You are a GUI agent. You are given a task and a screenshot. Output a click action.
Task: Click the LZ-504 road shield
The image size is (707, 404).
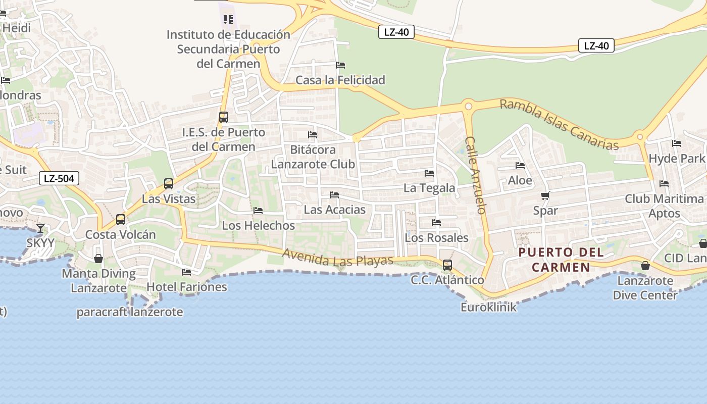tap(59, 178)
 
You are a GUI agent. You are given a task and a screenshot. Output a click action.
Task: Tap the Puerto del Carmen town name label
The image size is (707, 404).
tap(561, 260)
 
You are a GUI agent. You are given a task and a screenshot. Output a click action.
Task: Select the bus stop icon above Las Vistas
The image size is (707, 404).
tap(169, 184)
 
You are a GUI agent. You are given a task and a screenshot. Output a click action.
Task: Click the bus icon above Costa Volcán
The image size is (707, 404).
tap(120, 220)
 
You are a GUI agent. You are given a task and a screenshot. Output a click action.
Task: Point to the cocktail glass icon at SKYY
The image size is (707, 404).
tap(40, 228)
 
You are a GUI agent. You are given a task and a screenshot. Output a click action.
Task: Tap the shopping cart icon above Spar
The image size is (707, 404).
tap(545, 196)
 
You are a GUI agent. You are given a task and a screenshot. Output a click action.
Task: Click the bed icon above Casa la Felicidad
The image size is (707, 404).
tap(340, 65)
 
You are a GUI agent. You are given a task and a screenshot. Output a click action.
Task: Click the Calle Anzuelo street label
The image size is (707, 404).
tap(475, 175)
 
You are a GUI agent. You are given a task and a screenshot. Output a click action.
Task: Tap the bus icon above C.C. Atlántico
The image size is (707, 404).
tap(447, 265)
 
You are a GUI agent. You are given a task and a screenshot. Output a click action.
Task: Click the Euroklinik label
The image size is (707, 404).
tap(488, 307)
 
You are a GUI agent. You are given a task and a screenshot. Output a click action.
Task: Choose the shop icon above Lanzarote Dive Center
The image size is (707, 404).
tap(645, 266)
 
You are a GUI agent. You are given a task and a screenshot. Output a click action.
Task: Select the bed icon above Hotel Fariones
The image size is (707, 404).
tap(186, 272)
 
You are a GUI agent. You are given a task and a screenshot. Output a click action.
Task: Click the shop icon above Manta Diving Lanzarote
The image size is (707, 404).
tap(98, 259)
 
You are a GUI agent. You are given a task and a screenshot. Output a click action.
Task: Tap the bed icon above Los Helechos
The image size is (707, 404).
tap(258, 211)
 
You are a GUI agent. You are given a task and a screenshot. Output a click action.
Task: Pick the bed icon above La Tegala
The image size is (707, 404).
tap(429, 173)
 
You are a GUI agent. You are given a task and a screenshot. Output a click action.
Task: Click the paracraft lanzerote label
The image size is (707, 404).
tap(130, 312)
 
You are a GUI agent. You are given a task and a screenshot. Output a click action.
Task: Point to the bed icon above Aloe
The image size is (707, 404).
tap(520, 166)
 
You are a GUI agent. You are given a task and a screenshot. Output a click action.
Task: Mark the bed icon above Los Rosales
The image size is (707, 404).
tap(436, 223)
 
